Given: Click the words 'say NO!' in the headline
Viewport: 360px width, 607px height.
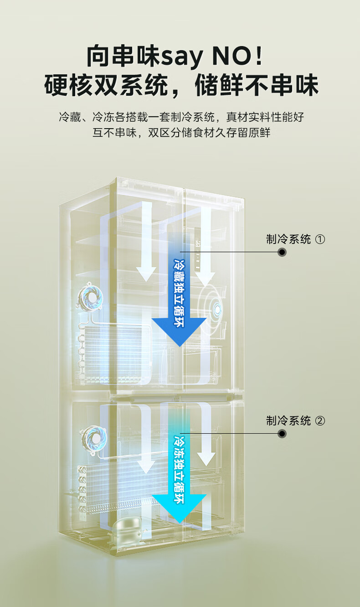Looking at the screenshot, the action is tap(211, 56).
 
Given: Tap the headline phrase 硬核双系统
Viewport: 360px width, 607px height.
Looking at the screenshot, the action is tap(106, 85).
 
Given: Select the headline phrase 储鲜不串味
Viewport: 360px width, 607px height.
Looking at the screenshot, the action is tap(257, 85).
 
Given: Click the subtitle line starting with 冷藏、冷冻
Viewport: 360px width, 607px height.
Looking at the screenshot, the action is tap(181, 117).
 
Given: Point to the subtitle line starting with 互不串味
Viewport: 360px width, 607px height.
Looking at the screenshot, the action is tap(181, 133).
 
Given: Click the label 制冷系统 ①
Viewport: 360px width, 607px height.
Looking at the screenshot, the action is tap(295, 239).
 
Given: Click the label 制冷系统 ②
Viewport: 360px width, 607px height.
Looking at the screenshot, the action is tap(295, 421).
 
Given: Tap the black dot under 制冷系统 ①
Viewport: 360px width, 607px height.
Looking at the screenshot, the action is tap(282, 252).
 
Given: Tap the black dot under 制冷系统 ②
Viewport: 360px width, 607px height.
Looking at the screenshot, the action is tap(282, 434).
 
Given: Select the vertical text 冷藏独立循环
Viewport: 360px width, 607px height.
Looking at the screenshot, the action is tap(179, 293).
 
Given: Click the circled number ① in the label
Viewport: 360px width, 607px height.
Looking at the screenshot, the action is tap(320, 239).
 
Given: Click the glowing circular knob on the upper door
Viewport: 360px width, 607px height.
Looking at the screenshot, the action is tap(217, 309).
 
